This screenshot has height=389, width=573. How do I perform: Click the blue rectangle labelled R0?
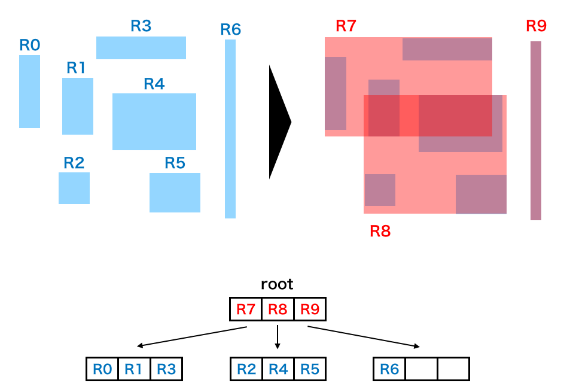coord(29,92)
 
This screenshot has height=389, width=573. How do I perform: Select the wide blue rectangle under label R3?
coord(141,48)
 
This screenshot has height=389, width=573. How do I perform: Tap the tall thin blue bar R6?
coord(230,129)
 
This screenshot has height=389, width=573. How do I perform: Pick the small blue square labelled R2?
coord(74,188)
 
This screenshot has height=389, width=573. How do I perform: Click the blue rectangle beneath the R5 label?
coord(175,193)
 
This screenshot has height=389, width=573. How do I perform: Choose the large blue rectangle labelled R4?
coord(154,121)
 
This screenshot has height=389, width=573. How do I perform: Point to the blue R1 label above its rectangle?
coord(76,68)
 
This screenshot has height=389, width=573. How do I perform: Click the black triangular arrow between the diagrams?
coord(278,122)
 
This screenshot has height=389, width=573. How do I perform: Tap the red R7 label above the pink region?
coord(346,26)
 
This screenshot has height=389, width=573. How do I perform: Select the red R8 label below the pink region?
coord(380,231)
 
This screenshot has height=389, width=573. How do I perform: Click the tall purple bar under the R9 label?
coord(535,130)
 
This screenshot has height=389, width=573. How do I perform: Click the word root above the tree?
coord(277,284)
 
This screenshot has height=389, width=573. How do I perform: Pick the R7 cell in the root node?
coord(246,309)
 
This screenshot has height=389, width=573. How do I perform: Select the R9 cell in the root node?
coord(309,309)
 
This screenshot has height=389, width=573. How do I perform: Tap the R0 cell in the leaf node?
coord(102,369)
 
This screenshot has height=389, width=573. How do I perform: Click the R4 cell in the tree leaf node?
coord(278,369)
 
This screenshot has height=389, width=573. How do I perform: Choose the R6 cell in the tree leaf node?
coord(389,369)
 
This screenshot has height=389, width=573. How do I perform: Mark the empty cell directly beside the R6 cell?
coord(421,369)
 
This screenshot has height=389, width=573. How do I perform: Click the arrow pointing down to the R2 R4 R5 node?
coord(278,338)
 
